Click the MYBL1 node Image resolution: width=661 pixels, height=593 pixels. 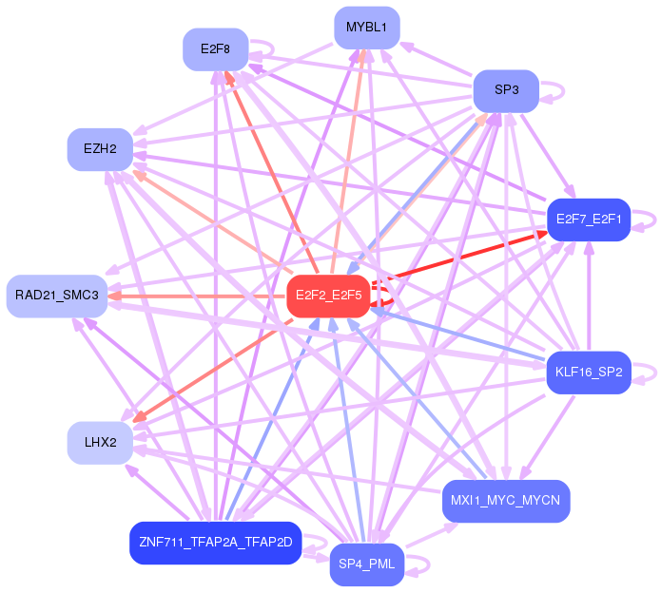pos(366,28)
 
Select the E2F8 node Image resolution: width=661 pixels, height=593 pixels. pos(215,48)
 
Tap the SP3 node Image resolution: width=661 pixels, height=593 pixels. pos(506,91)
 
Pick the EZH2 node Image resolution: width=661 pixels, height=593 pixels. pos(100,149)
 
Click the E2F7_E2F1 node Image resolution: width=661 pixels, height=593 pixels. pos(589,220)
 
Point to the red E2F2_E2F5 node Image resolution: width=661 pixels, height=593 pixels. pos(328,296)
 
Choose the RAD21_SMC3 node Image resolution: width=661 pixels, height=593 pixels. pos(57,296)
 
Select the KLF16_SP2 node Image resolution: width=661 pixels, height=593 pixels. pos(589,373)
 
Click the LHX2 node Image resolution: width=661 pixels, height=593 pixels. pos(100,443)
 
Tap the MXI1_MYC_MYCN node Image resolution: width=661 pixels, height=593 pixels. pos(506,501)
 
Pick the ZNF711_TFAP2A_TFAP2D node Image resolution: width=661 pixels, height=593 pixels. pos(215,544)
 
